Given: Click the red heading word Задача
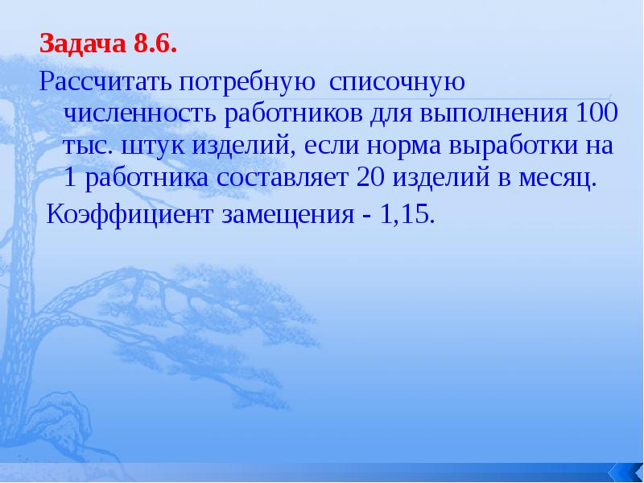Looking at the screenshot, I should [x=81, y=44].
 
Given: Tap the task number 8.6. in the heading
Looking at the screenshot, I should [x=152, y=44].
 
